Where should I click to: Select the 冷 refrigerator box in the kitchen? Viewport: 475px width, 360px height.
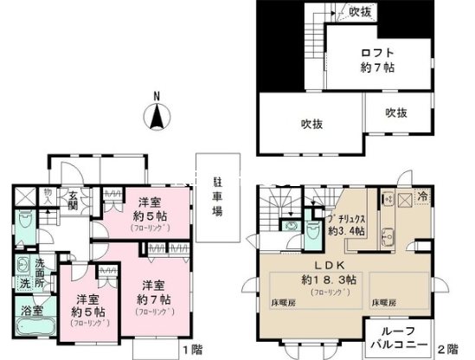pos(421,196)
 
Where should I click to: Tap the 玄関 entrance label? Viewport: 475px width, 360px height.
pos(75,202)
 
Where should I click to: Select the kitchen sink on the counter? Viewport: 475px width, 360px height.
pos(386,235)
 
